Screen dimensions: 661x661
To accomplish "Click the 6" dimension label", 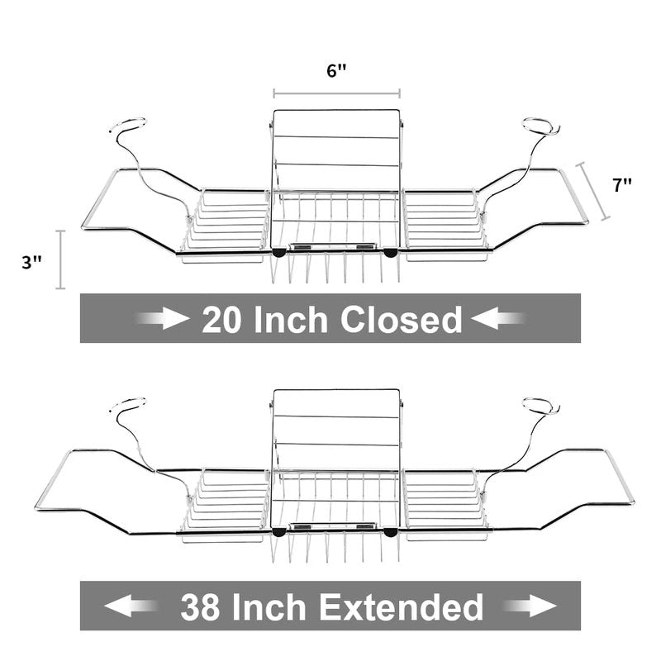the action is pos(336,70).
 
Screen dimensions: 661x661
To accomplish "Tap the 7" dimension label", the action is pos(622,185).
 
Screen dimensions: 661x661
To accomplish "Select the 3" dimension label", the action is pos(31,262).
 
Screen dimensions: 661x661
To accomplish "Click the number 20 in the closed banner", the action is pos(222,319).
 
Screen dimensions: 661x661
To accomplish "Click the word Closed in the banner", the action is pos(401,319).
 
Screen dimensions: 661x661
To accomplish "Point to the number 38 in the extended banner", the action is pos(200,606).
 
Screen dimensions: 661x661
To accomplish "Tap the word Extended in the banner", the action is pos(401,606).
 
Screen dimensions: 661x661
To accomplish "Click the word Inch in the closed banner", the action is pos(291,319).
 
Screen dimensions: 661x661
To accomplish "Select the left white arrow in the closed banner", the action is pos(162,318).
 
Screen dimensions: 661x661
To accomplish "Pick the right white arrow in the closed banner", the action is pos(498,318).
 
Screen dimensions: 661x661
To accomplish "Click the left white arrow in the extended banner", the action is pos(131,606).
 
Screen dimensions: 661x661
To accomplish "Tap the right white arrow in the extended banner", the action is pos(530,606).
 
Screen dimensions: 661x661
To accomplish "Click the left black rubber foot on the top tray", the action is pos(278,253).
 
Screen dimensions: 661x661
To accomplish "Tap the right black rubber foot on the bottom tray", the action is pos(390,532).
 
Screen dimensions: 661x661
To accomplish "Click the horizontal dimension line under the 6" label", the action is pos(336,93).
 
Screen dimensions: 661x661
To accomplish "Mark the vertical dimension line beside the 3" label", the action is pos(60,259).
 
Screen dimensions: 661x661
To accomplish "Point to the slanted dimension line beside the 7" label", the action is pos(593,191).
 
